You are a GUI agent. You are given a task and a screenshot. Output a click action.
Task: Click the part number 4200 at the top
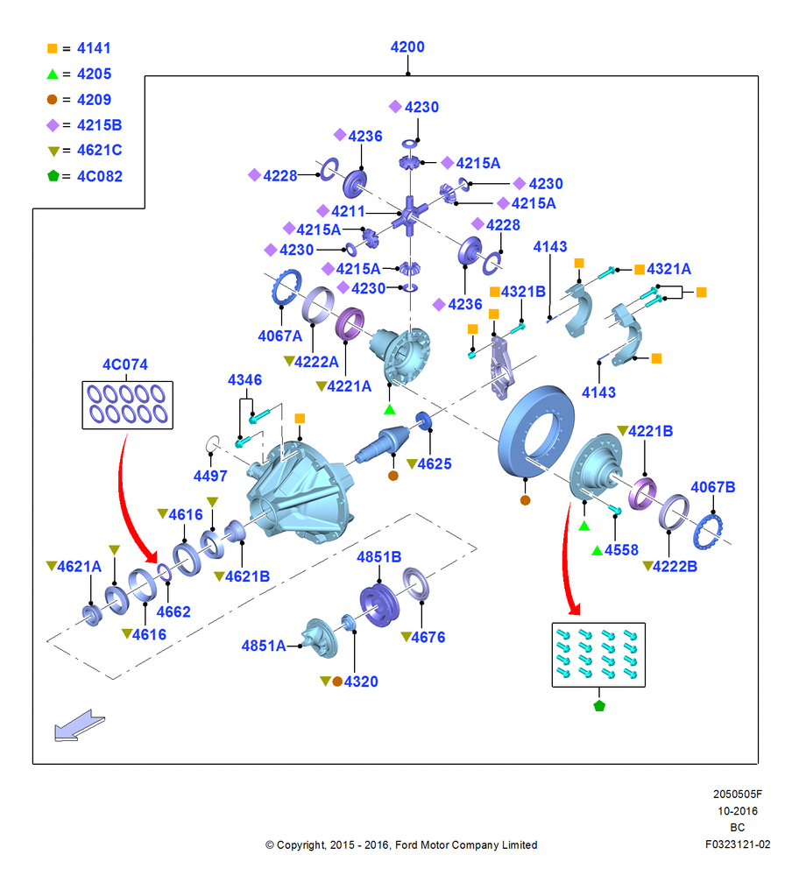click(x=407, y=47)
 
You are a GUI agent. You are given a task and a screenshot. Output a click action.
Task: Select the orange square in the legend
click(x=52, y=48)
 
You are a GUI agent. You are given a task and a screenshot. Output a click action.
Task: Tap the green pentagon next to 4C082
click(x=53, y=176)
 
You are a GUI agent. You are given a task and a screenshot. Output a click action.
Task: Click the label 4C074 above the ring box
click(x=125, y=364)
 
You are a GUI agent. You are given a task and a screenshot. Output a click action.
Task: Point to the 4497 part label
click(x=210, y=476)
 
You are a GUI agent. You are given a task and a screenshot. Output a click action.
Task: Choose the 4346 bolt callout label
click(x=244, y=380)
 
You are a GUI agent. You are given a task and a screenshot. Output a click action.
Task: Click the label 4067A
click(x=280, y=336)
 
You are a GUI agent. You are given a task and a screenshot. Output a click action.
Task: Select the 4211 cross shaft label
click(x=348, y=211)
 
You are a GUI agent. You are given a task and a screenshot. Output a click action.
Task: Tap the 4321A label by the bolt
click(x=668, y=269)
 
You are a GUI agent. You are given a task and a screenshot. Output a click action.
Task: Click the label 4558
click(x=621, y=550)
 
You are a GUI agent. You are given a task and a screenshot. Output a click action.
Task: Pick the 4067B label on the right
click(x=713, y=487)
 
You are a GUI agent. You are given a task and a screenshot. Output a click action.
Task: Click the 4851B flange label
click(x=378, y=557)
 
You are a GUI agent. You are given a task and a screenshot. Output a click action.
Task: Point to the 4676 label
click(x=428, y=638)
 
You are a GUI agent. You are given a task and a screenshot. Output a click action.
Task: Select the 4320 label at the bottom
click(x=361, y=682)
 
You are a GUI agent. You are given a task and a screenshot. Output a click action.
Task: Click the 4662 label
click(x=173, y=612)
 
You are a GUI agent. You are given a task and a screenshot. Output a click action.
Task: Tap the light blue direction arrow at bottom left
click(x=79, y=725)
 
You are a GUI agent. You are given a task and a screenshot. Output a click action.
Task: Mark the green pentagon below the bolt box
click(x=599, y=705)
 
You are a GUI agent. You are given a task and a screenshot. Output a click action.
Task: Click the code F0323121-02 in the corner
click(x=738, y=844)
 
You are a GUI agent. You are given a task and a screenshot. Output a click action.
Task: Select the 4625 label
click(x=435, y=463)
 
